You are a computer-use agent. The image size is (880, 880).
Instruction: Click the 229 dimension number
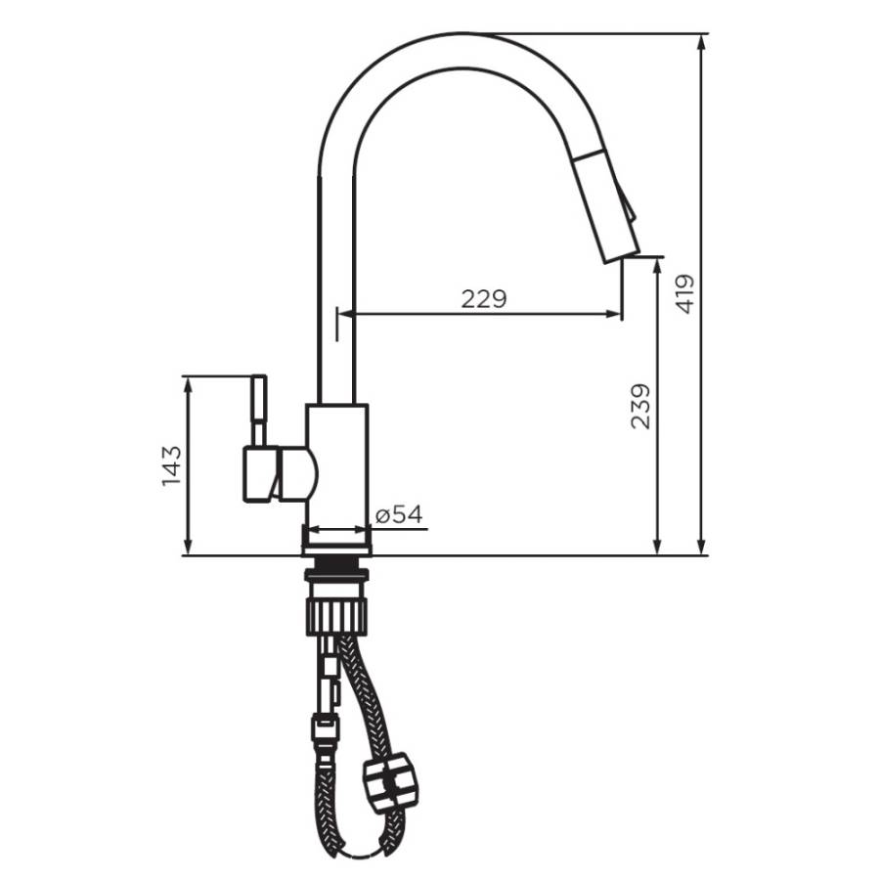(484, 299)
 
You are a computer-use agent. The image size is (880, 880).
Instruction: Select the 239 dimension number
(640, 406)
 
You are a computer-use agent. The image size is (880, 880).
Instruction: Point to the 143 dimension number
(170, 465)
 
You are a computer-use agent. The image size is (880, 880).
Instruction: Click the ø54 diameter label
(399, 514)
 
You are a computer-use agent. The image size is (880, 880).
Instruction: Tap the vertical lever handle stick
(259, 410)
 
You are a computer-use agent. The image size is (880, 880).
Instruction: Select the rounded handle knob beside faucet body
(298, 473)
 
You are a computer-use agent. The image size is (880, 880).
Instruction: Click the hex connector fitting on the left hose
(325, 728)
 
